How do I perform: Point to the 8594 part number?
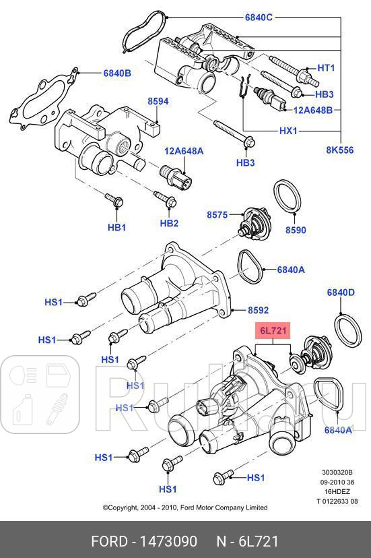click(158, 101)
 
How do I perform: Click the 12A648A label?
click(184, 152)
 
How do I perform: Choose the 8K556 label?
click(341, 150)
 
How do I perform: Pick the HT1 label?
click(326, 68)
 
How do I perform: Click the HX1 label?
click(288, 131)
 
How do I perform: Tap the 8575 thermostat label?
click(217, 215)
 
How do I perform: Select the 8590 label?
click(295, 230)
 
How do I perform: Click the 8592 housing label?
click(258, 311)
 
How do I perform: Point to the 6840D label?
click(341, 292)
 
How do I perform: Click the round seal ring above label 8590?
click(288, 197)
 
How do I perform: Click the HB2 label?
click(169, 223)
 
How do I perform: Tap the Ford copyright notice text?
click(184, 507)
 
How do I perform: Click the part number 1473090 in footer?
click(168, 540)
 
